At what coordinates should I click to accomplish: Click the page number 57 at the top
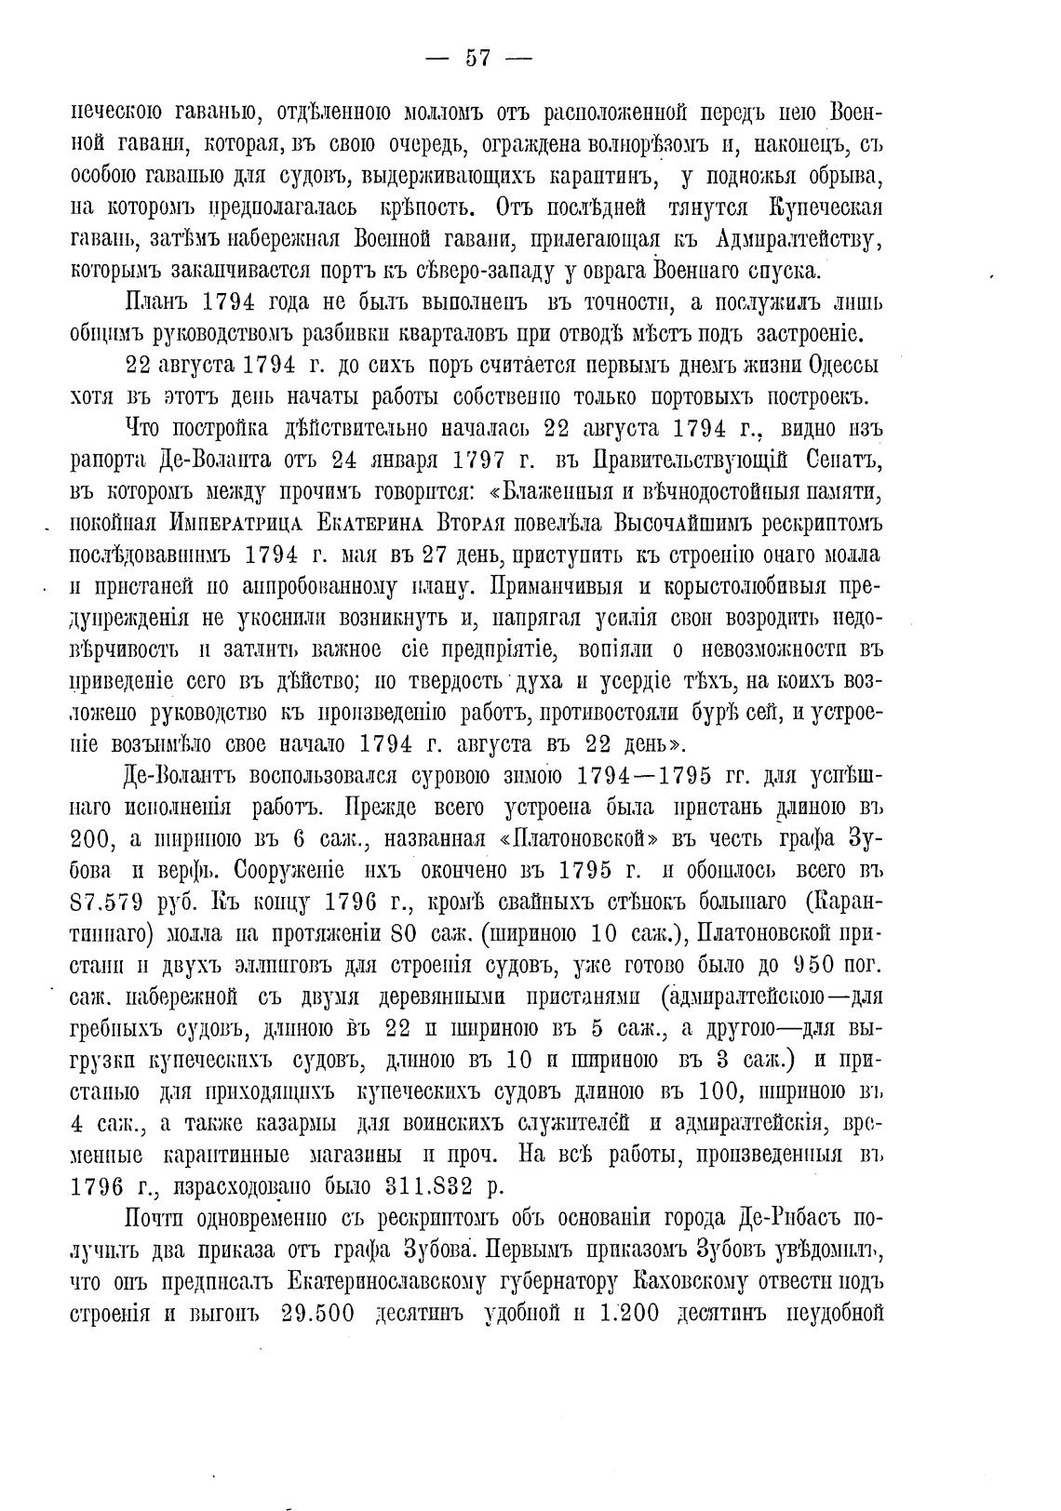477,58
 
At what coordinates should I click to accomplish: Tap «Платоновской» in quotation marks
574,839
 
